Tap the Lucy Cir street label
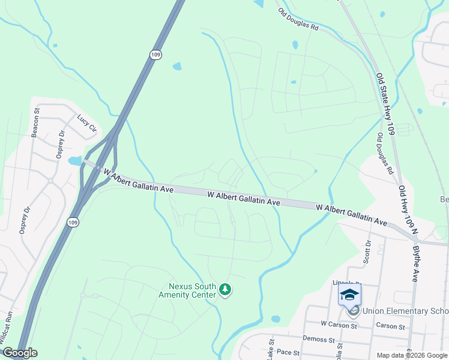click(87, 123)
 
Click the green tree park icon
click(225, 290)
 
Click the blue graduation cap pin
click(350, 295)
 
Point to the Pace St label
click(288, 353)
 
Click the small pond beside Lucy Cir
click(74, 161)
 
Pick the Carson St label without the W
click(391, 326)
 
